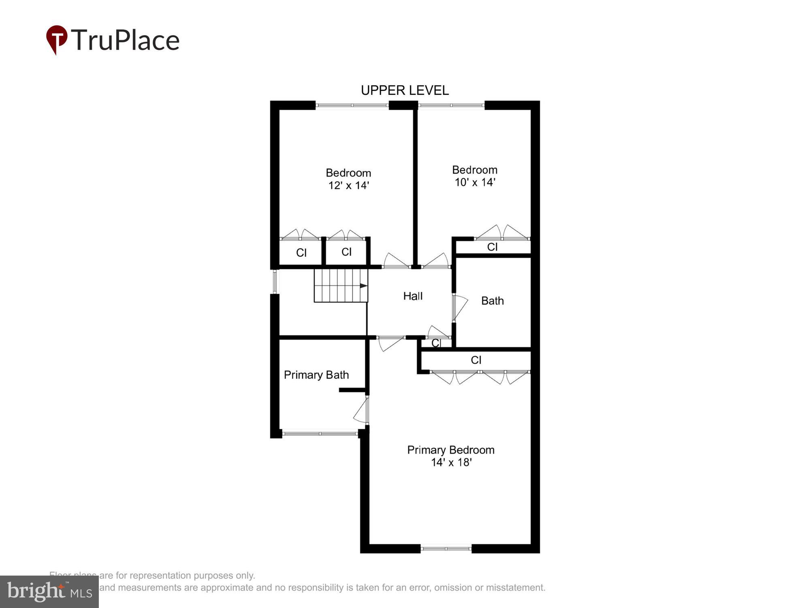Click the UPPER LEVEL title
(x=405, y=90)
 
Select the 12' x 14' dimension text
(x=348, y=186)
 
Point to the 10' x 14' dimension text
(x=475, y=182)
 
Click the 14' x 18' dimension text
(x=451, y=462)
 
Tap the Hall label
(x=413, y=296)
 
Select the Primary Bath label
(x=316, y=375)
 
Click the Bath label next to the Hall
(x=492, y=301)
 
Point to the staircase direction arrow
(x=363, y=286)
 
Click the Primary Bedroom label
(x=450, y=450)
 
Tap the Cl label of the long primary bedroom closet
(x=476, y=360)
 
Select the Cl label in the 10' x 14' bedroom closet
(x=492, y=247)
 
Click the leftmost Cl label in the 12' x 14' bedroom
(x=301, y=253)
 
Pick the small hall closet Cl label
(x=436, y=343)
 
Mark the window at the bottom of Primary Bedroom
(x=446, y=549)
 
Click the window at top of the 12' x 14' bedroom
(x=352, y=105)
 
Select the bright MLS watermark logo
(x=49, y=592)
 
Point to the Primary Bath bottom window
(x=320, y=434)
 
